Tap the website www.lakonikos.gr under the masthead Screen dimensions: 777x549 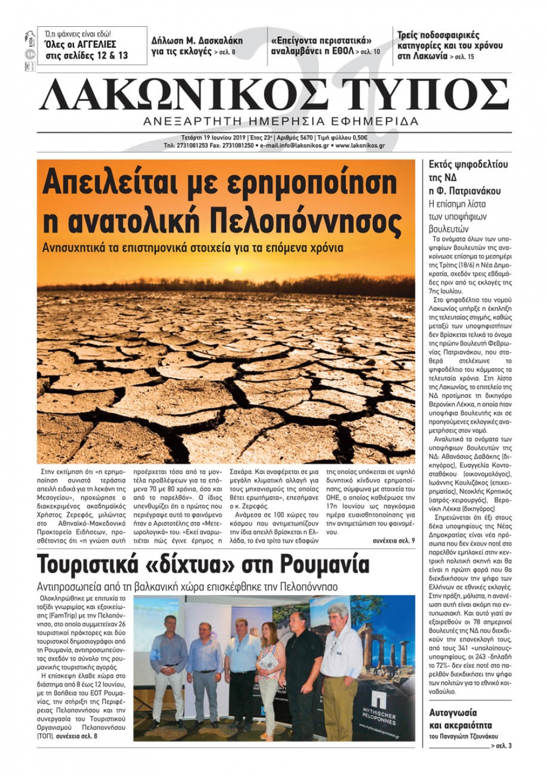click(360, 146)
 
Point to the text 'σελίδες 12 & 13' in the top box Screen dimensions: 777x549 click(87, 55)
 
